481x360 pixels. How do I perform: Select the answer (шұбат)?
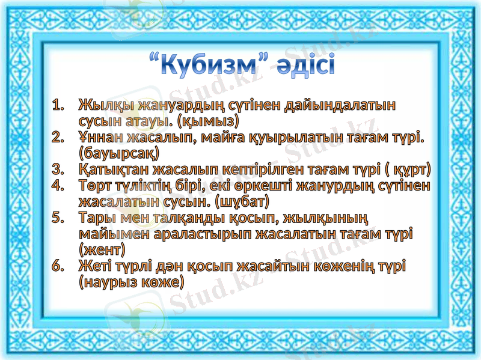(242, 200)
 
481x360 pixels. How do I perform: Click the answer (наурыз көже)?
(131, 281)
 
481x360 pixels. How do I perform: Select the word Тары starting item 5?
(96, 216)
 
